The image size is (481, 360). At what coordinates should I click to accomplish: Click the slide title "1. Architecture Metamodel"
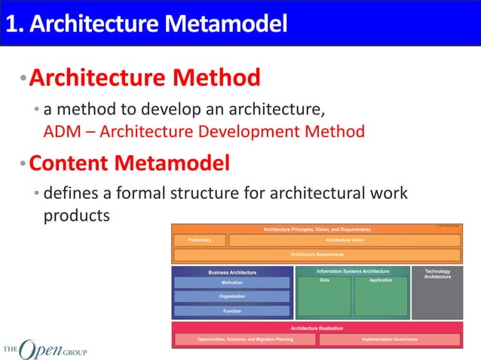(x=146, y=24)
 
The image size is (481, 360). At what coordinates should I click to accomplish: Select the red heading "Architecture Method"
(x=145, y=78)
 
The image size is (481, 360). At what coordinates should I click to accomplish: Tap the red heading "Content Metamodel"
(x=129, y=163)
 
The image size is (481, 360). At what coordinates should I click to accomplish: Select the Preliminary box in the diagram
(x=199, y=240)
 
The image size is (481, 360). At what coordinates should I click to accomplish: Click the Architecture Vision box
(x=345, y=240)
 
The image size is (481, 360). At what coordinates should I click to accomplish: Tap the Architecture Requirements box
(x=317, y=255)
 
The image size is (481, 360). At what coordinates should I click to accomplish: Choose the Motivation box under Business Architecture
(x=231, y=282)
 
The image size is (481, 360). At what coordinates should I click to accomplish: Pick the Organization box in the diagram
(x=231, y=297)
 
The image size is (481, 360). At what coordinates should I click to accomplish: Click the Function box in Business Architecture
(x=231, y=310)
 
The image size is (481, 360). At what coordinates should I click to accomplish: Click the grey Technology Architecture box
(x=437, y=292)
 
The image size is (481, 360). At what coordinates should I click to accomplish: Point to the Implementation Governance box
(x=389, y=340)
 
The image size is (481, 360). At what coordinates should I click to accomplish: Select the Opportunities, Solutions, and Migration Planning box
(x=245, y=340)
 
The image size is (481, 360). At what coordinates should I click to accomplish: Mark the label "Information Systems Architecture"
(x=353, y=271)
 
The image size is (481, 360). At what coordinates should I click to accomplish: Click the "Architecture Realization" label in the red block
(x=317, y=328)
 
